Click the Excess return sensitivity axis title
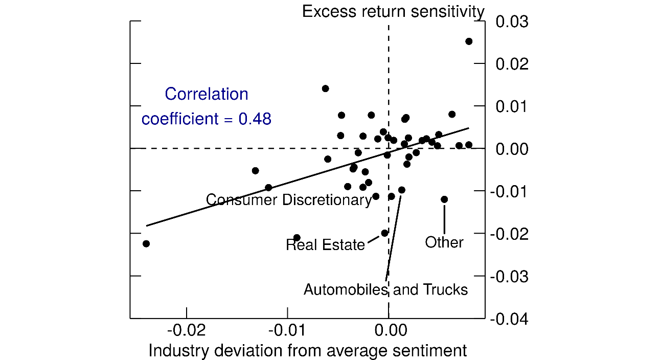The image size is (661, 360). pos(393,11)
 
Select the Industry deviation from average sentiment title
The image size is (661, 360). pos(307,351)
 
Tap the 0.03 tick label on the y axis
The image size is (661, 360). pos(512,22)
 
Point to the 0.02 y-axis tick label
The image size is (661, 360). pos(512,64)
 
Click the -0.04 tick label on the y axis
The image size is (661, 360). pos(509,319)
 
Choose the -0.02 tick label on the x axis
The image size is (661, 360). pos(187,330)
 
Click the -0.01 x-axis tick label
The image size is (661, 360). pos(287,330)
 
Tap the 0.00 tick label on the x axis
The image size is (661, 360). pos(389,330)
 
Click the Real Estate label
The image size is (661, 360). pos(325,245)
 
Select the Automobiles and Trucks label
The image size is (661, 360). pos(385,290)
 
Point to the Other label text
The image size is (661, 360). pos(444,242)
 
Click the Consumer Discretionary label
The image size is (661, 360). pos(289,200)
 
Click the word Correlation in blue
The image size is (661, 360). pos(207,95)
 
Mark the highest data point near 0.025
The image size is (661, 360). pos(469,41)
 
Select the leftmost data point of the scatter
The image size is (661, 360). pos(146,244)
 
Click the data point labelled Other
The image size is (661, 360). pos(444,199)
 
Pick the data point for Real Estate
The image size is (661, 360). pos(385,233)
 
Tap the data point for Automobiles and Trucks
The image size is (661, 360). pos(402,190)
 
